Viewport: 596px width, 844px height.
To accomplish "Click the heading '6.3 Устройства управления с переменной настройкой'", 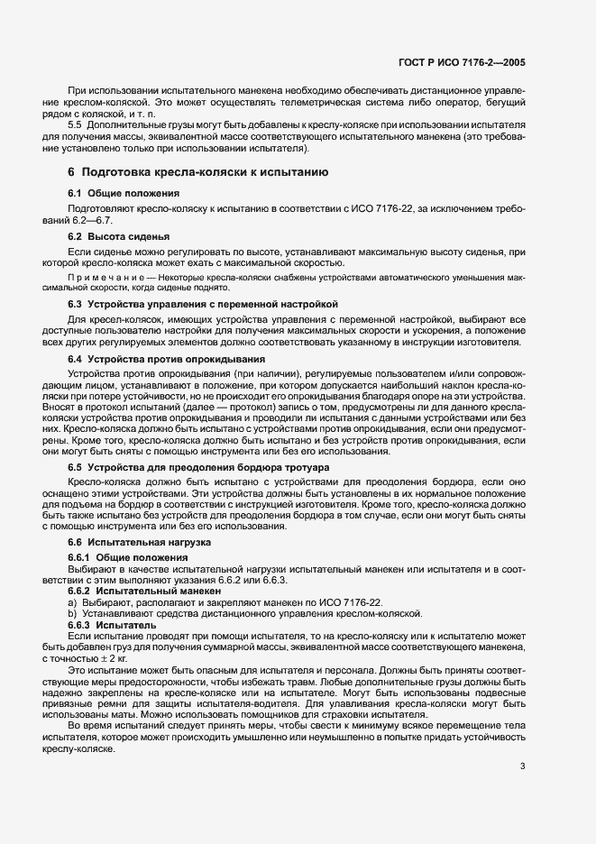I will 202,305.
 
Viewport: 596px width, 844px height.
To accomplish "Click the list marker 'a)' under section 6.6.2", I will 72,601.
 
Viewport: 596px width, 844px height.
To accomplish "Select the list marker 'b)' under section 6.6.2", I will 72,613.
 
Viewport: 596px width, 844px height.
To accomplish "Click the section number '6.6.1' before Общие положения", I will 81,558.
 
